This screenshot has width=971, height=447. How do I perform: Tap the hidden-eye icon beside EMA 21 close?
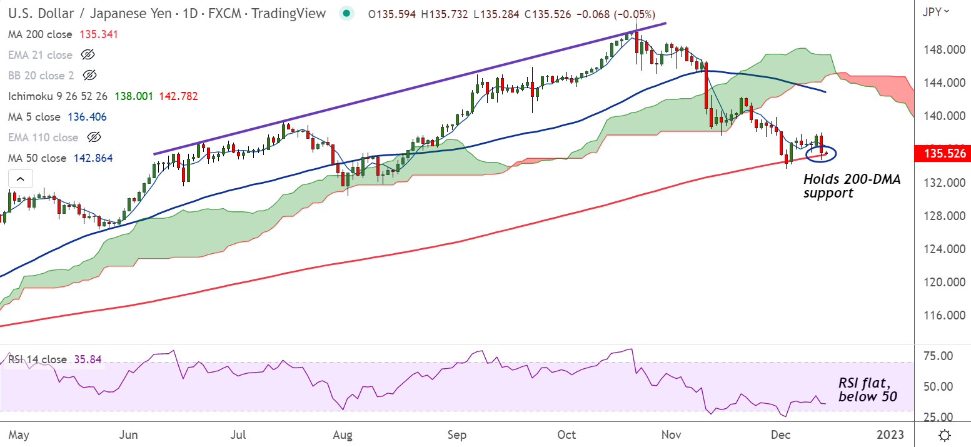tap(88, 55)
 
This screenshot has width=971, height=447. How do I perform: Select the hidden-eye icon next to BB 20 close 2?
tap(89, 76)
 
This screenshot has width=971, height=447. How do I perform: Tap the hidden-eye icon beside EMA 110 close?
tap(94, 138)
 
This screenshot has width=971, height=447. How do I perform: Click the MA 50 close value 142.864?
tap(93, 158)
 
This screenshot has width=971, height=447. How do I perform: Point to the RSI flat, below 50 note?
tap(868, 390)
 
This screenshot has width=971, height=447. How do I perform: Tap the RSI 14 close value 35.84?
tap(88, 359)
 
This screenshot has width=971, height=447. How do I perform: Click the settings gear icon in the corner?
tap(945, 434)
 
